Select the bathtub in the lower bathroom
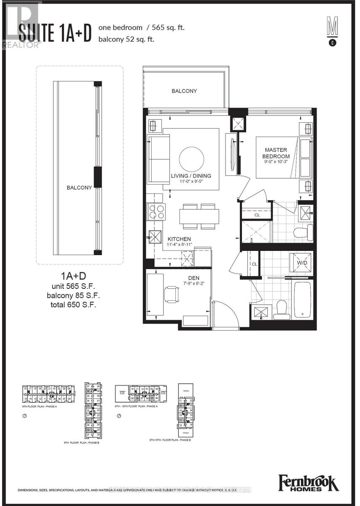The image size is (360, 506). pos(302,300)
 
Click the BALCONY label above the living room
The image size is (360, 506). pos(184,91)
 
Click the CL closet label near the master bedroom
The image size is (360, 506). pos(257,215)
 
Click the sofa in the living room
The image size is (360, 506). pos(158,159)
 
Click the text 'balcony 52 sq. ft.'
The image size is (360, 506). pos(126,40)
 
